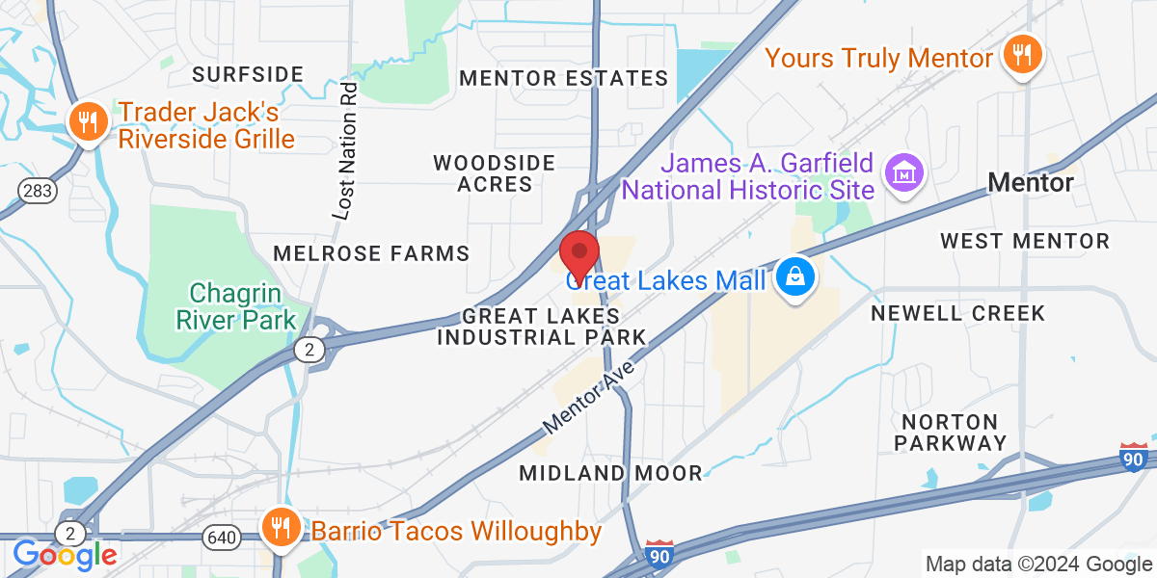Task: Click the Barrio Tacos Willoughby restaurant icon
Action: [x=280, y=528]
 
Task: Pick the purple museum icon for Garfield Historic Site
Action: [x=905, y=174]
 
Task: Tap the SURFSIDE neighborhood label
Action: [x=248, y=74]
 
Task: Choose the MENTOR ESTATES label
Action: [x=564, y=78]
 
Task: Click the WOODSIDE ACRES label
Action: [x=495, y=173]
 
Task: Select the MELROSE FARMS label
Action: [x=371, y=253]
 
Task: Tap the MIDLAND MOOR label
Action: [x=611, y=473]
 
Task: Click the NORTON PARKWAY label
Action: [x=950, y=433]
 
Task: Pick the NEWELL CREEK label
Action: [x=957, y=313]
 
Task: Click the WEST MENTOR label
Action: [x=1012, y=240]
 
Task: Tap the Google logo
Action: [x=65, y=554]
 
